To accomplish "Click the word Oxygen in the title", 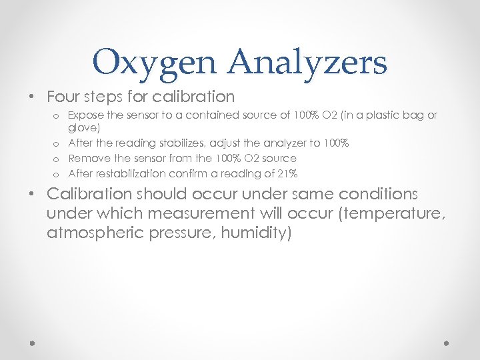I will coord(155,63).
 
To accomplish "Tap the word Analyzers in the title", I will coord(307,63).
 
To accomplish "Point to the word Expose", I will coord(85,115).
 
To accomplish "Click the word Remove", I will coord(87,159).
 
